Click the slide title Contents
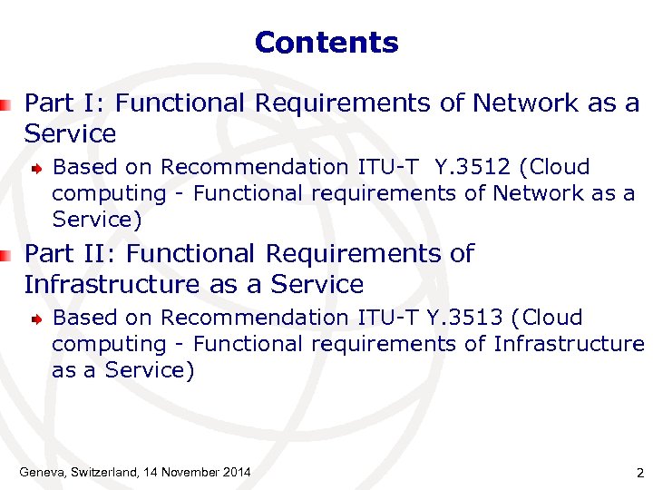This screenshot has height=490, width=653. [x=326, y=43]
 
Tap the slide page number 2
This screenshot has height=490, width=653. [x=640, y=473]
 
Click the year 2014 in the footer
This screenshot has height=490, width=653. [x=234, y=472]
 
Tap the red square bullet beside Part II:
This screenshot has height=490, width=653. [x=6, y=255]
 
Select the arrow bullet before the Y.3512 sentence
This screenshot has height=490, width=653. [x=35, y=168]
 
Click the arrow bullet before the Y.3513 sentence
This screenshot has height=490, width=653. [x=35, y=318]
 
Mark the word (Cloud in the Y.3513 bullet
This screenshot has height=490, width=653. [x=547, y=318]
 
